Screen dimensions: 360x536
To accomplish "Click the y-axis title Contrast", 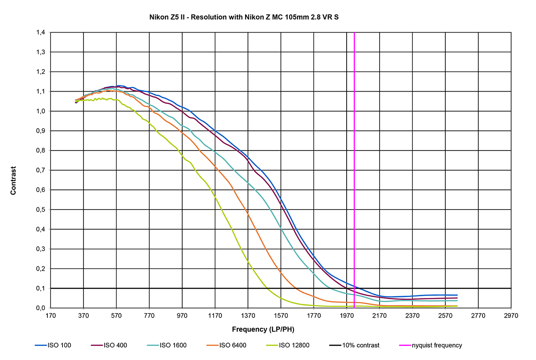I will point(13,180).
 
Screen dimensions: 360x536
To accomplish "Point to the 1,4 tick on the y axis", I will point(41,33).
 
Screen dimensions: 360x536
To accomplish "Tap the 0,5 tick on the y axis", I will point(41,209).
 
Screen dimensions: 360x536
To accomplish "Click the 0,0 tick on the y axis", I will point(41,308).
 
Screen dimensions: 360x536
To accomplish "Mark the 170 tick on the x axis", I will point(50,315).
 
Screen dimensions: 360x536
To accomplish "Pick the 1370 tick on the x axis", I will point(248,315).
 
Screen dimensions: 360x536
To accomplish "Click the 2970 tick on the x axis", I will point(511,315).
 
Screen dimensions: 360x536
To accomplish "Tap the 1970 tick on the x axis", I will point(347,315).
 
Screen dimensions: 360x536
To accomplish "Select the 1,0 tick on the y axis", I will point(41,111).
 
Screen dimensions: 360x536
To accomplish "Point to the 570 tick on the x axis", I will point(116,315).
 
